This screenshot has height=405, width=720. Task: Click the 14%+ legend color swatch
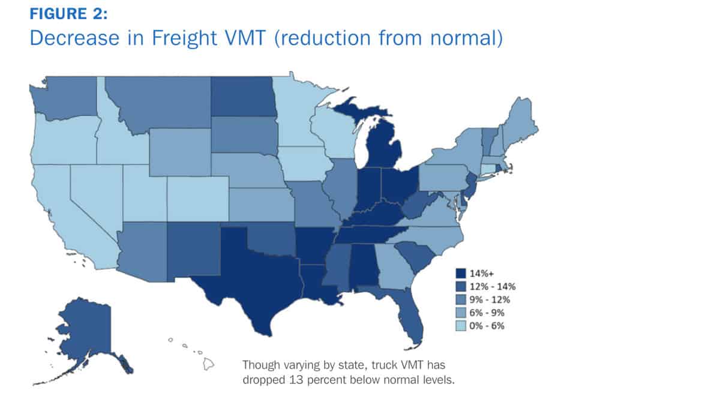(461, 274)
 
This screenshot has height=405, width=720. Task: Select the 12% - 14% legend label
(493, 287)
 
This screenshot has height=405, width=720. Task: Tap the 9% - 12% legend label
(490, 300)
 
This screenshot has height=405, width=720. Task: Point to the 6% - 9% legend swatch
(461, 313)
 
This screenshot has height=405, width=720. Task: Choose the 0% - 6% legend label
(487, 326)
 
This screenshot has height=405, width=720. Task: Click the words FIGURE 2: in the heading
(68, 14)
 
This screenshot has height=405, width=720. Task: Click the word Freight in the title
(184, 38)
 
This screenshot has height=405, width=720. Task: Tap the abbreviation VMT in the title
(245, 38)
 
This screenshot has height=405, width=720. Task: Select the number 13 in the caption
(296, 380)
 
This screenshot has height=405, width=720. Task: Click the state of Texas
(257, 277)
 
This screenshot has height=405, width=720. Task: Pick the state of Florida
(408, 312)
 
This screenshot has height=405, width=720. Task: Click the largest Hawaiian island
(208, 364)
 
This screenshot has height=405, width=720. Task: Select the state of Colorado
(197, 199)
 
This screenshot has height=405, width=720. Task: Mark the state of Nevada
(93, 193)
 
